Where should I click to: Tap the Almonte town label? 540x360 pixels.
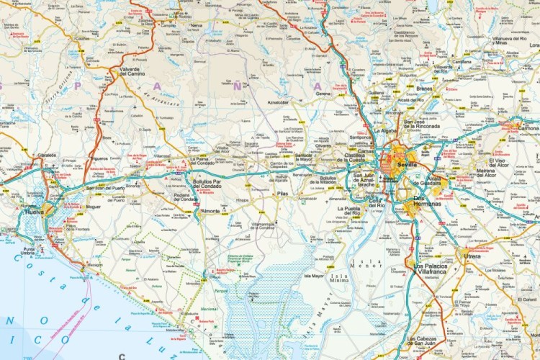pos(211,211)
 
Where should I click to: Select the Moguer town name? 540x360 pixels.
pos(94,207)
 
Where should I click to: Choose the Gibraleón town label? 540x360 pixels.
pos(47,155)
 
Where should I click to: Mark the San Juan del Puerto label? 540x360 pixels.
pos(104,188)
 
